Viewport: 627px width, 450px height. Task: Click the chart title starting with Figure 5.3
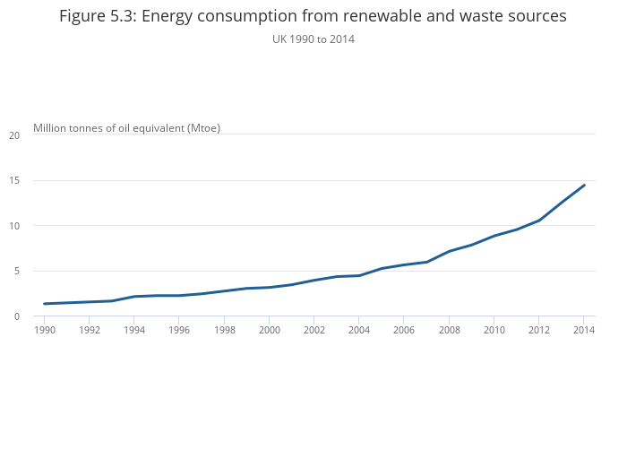(313, 16)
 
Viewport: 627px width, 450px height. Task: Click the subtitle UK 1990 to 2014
(313, 39)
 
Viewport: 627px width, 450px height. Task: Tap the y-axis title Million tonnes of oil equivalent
(126, 127)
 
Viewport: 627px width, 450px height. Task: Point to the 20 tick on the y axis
(14, 135)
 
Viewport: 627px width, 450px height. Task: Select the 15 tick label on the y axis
(14, 180)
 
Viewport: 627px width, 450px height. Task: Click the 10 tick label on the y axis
(14, 226)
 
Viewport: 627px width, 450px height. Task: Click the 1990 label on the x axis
(44, 330)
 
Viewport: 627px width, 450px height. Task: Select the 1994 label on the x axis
(133, 330)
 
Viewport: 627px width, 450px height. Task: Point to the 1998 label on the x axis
(224, 330)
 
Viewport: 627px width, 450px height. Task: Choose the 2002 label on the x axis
(313, 330)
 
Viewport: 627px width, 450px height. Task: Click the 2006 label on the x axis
(404, 330)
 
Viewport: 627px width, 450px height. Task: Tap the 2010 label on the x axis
(494, 330)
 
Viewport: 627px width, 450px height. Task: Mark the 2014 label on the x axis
(583, 330)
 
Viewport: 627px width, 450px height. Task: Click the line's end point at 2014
(584, 186)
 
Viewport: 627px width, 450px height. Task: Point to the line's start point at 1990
(44, 304)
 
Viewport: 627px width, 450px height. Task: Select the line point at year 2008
(449, 251)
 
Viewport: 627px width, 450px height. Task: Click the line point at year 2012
(539, 221)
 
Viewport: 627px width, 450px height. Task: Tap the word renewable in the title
(416, 16)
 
